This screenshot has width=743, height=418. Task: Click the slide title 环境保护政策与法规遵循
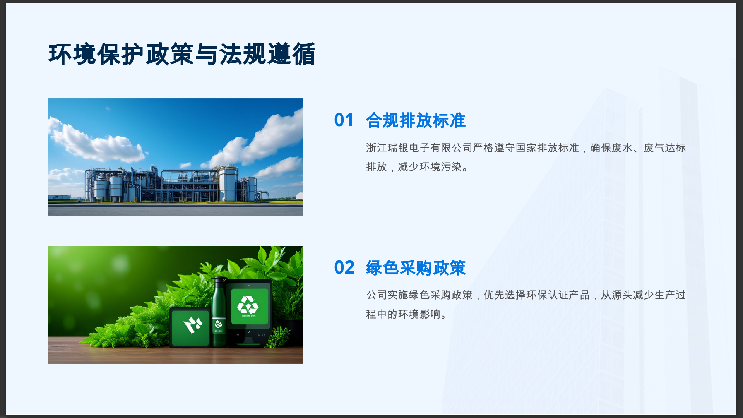pos(182,54)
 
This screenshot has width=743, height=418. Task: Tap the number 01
pos(344,120)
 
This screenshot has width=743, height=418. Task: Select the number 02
pos(344,267)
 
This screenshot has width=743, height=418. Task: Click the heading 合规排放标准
pos(416,120)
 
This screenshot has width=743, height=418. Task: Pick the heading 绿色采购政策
pos(416,268)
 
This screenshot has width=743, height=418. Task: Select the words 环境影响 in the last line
pos(419,314)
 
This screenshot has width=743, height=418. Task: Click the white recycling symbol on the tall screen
pos(248,305)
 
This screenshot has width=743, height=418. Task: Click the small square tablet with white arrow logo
pos(190,327)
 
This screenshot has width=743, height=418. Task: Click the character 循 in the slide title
pos(304,54)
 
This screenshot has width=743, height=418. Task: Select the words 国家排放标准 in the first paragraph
pos(547,148)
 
